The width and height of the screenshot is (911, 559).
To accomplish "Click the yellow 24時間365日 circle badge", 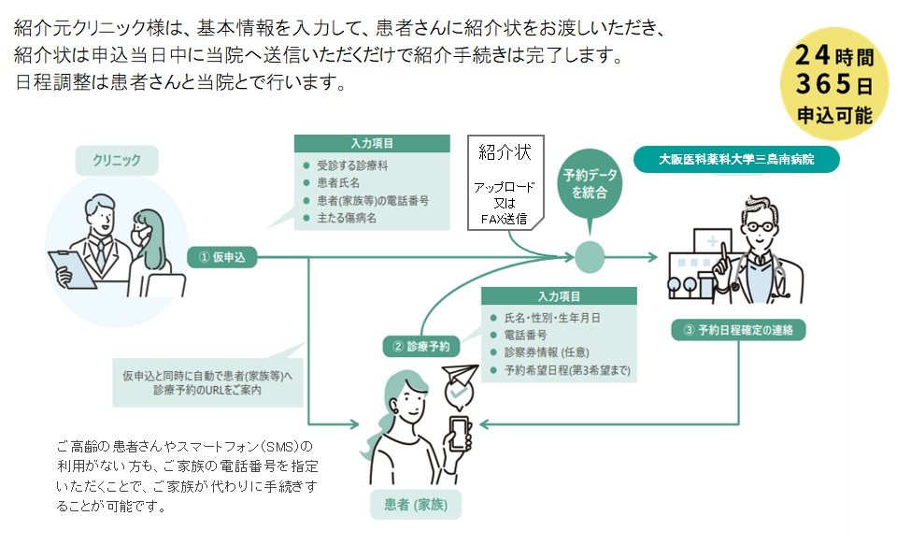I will click(834, 85).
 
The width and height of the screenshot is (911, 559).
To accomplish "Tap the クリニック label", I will click(117, 161).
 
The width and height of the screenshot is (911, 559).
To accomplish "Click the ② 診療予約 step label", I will click(421, 346).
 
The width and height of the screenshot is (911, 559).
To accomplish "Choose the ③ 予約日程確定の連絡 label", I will click(738, 330).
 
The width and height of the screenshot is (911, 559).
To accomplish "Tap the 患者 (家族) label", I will click(417, 506).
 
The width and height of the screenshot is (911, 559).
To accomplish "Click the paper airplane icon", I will click(457, 376).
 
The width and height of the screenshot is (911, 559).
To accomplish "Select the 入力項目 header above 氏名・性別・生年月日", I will click(558, 295).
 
